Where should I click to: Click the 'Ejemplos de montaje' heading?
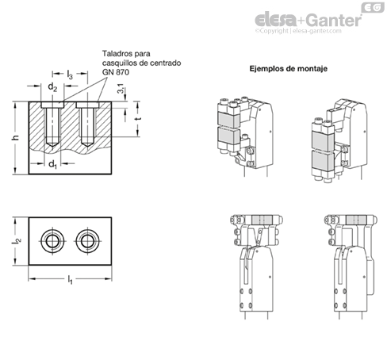point(289,69)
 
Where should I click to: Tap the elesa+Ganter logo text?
point(308,20)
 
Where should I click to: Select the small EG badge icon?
point(373,7)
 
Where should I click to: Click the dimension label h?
point(16,137)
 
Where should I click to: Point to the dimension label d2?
point(52,87)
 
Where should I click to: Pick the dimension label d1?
point(53,164)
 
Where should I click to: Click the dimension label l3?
point(70,75)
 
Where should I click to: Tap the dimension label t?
point(137,119)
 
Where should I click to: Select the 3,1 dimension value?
point(121,89)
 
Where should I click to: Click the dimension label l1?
point(70,280)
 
